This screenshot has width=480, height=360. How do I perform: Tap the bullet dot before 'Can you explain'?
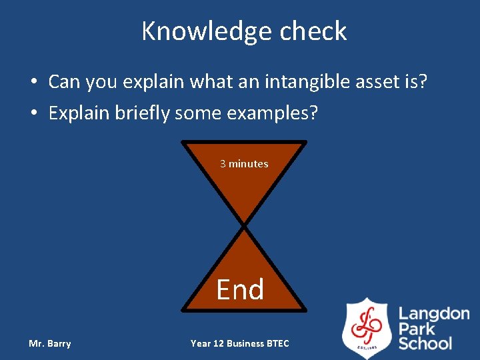click(33, 83)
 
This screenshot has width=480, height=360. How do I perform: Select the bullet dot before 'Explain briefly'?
click(33, 114)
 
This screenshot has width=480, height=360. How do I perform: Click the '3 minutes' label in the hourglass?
click(244, 163)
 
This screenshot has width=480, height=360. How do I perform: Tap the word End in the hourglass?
click(240, 289)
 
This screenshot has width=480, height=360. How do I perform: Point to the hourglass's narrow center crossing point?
click(245, 226)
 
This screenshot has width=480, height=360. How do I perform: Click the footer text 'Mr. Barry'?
click(50, 343)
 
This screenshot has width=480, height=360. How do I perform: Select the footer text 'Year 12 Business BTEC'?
click(240, 343)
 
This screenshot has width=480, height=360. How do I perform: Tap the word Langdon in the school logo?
click(433, 313)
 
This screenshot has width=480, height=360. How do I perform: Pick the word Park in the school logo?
click(417, 329)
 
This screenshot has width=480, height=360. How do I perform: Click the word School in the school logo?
click(425, 344)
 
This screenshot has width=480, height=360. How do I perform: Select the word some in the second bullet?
click(199, 113)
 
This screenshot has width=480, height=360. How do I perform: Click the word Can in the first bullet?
click(64, 82)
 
